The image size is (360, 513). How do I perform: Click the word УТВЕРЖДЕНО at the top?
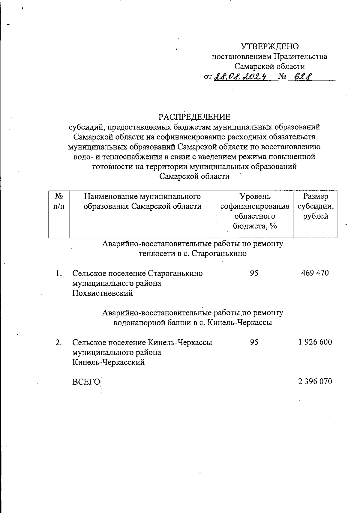pos(270,46)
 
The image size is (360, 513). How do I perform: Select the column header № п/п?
pos(59,201)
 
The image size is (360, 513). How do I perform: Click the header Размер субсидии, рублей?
pos(315,206)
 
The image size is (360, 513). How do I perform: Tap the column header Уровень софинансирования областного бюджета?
pos(255,211)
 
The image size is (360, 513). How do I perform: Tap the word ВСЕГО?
pos(86,382)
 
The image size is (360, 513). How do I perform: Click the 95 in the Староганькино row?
pos(254,273)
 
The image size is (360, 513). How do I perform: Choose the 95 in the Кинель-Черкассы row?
pos(254,342)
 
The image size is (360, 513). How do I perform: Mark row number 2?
pos(58,342)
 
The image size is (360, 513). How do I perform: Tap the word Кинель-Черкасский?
pos(108,362)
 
